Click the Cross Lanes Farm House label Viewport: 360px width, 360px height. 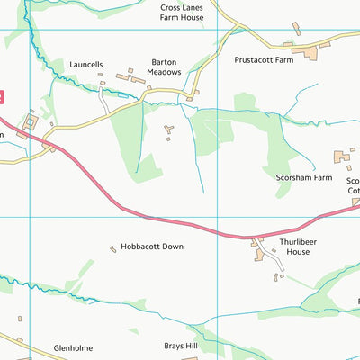point(180,12)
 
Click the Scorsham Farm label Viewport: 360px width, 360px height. point(303,178)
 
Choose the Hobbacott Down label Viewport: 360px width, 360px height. point(152,247)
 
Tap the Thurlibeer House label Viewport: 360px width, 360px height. point(292,247)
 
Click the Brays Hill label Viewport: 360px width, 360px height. point(180,346)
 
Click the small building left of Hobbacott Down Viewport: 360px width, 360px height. point(112,248)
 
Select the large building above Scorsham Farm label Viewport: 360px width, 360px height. point(343,157)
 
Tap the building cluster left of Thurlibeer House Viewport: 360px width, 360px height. point(262,253)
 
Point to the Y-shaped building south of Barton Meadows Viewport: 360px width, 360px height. point(168,133)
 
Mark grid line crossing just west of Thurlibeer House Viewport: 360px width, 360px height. point(219,217)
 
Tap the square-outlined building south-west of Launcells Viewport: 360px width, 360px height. point(32,121)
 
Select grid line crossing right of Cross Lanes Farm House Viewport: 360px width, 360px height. point(219,30)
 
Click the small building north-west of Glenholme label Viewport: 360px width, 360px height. point(20,318)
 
